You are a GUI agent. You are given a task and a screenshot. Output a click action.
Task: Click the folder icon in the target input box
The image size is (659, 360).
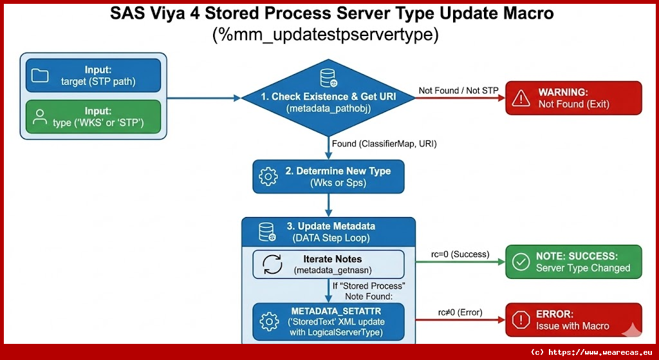tap(41, 75)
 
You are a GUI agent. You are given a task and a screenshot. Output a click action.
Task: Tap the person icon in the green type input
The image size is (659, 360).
tap(41, 117)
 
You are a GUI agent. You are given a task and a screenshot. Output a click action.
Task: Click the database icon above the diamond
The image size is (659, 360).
tap(328, 76)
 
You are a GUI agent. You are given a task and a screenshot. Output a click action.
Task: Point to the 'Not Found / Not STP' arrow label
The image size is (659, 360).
tap(458, 90)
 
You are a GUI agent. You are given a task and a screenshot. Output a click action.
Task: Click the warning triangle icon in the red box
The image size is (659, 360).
tap(520, 98)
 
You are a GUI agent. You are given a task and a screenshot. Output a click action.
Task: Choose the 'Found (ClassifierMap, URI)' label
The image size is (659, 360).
tap(384, 144)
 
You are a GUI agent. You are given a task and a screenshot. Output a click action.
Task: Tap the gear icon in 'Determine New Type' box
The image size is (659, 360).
tap(268, 176)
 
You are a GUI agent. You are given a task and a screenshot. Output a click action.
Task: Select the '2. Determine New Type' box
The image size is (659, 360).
tap(329, 176)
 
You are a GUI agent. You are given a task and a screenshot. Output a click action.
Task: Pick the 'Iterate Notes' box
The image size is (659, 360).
tap(328, 264)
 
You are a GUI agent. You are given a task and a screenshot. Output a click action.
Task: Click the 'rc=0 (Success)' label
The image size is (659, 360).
tap(460, 254)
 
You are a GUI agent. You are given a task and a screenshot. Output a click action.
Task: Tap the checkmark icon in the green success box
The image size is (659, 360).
tap(520, 261)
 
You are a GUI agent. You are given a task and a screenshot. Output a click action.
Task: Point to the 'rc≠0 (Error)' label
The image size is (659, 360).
tap(459, 312)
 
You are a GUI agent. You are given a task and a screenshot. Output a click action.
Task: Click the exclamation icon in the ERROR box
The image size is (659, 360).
tap(520, 320)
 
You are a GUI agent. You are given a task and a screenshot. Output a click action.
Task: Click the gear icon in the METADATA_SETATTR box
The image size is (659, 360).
tap(268, 321)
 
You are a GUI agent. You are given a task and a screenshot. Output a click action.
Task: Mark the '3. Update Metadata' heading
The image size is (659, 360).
tap(331, 226)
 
